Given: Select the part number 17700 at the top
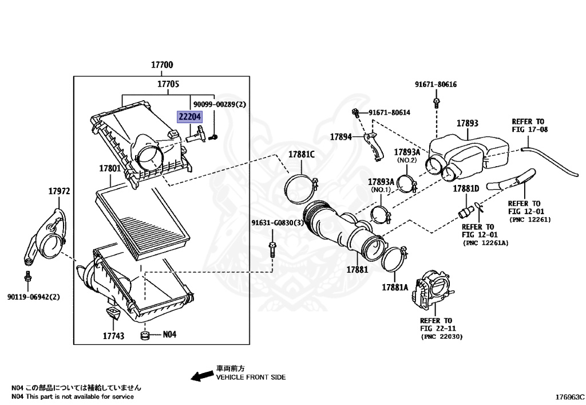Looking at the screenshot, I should [x=162, y=65].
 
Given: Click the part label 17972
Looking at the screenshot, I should [x=58, y=191].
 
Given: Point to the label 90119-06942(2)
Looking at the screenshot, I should [x=33, y=297].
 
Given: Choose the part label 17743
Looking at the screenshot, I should [x=113, y=336].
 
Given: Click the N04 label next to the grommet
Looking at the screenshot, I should [x=170, y=334].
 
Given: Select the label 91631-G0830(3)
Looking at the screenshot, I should [x=278, y=223].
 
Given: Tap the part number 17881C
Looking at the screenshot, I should [x=301, y=155].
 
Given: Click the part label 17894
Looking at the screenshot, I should [x=342, y=137].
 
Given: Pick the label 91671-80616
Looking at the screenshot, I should [x=436, y=84].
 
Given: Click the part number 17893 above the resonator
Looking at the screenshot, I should [x=468, y=123].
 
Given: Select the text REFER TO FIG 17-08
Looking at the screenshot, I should [x=529, y=125].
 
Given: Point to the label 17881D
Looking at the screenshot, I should [x=466, y=188].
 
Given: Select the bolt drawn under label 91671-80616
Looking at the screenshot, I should [x=437, y=103].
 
